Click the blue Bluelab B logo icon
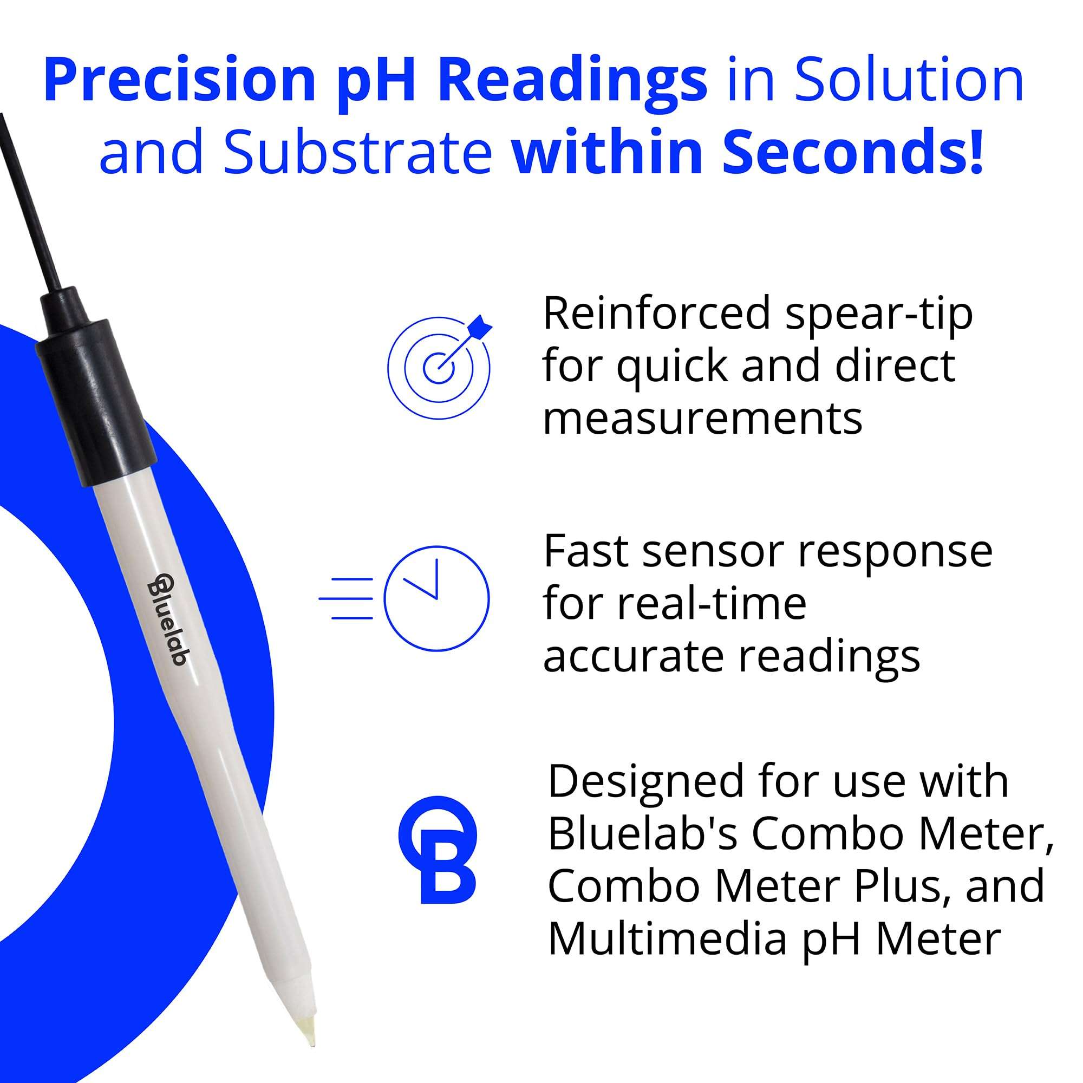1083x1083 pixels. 438,850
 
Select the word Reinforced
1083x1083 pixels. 656,314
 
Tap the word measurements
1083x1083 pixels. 702,419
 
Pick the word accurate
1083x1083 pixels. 633,657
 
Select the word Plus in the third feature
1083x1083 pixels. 897,886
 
